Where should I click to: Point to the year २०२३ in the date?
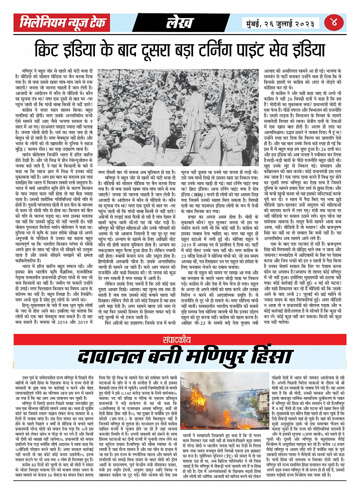302,23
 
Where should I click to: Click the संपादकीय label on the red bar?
180,340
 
